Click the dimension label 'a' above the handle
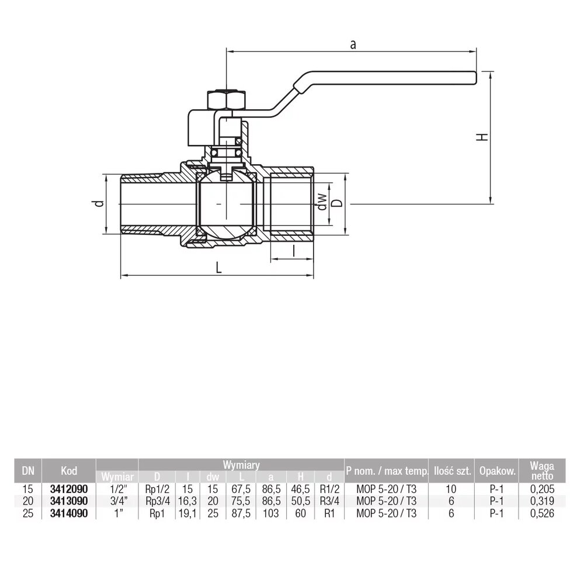(x=352, y=44)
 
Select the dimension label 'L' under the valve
(x=218, y=267)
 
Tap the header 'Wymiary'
(x=241, y=465)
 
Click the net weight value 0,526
(x=541, y=514)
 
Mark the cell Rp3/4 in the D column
(x=157, y=502)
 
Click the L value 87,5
(x=241, y=514)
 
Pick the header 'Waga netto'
(x=541, y=470)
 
